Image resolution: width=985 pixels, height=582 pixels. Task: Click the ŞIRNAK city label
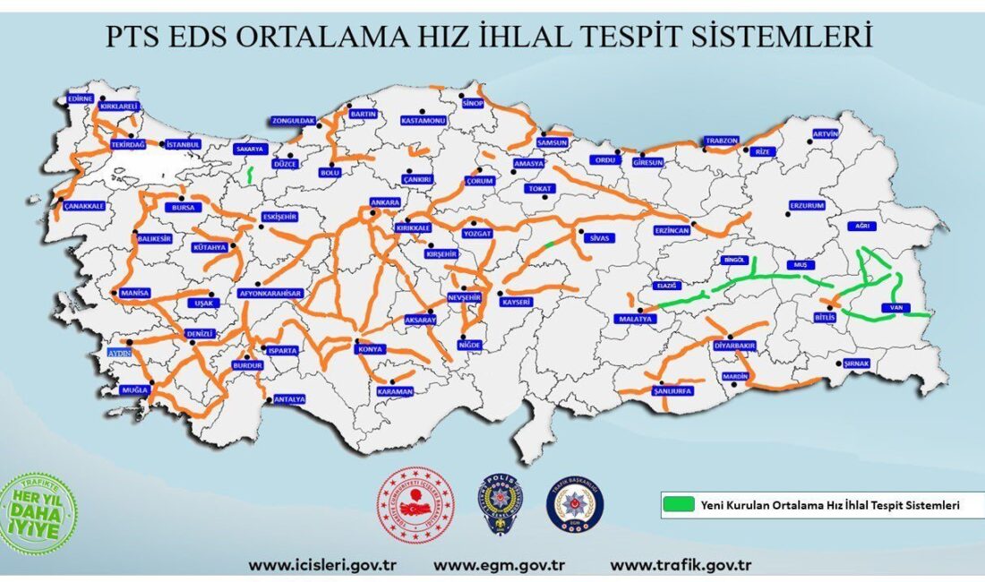(x=856, y=364)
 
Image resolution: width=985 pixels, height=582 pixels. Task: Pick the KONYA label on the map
(x=372, y=350)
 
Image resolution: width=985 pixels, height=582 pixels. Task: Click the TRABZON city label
(x=721, y=141)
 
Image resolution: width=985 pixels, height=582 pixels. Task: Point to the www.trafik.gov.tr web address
(x=680, y=566)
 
